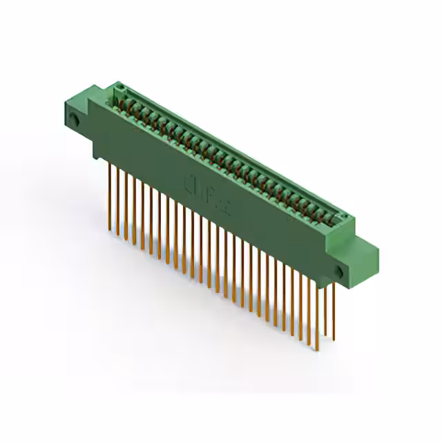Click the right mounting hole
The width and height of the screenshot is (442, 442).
[x=339, y=271]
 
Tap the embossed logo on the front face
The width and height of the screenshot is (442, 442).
[x=200, y=185]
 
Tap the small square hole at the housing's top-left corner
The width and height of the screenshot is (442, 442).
[x=119, y=87]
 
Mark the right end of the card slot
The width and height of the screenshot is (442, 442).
[x=338, y=220]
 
